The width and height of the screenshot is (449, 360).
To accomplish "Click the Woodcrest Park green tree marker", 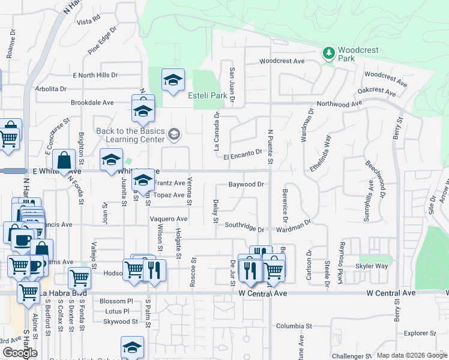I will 328,53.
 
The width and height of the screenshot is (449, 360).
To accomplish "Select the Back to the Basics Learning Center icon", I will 174,134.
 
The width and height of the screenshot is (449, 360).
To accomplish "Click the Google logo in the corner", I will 20,353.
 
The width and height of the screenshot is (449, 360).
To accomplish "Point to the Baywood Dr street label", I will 246,184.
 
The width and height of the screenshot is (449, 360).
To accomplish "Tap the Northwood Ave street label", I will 340,104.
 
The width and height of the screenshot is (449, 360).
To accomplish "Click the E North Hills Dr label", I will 95,75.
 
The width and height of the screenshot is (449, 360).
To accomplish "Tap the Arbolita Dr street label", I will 50,89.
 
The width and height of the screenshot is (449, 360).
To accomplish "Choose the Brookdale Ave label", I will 92,103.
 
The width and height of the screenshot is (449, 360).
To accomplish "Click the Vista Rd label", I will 88,22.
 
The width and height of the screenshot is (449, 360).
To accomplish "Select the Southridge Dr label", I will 244,226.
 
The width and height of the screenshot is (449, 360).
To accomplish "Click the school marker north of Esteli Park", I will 172,80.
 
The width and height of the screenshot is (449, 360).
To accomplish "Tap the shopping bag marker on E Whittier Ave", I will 64,160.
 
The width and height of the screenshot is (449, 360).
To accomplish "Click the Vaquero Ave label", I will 169,219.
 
